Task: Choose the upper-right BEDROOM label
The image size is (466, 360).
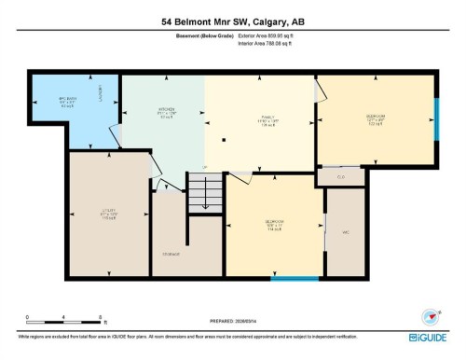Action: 375,118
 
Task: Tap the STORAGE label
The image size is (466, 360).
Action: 171,253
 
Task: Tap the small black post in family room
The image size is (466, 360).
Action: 224,140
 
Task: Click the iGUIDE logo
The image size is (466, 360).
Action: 430,335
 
